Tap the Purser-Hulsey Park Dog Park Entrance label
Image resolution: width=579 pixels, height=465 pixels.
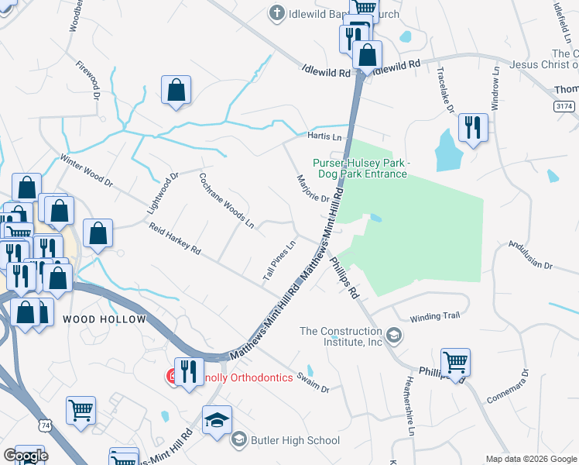pos(360,168)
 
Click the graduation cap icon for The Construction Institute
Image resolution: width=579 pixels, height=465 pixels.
pos(394,336)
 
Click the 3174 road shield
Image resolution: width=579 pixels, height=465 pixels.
pos(564,105)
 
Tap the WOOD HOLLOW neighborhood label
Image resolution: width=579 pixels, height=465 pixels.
pos(104,319)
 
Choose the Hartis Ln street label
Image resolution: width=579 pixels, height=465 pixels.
pos(324,136)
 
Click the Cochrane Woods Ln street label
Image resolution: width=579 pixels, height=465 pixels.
pos(227,200)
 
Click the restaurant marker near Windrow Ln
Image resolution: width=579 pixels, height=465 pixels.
pos(472,128)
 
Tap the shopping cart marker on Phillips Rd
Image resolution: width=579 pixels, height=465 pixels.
pos(455,362)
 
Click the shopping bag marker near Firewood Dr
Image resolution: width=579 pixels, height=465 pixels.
pos(176,90)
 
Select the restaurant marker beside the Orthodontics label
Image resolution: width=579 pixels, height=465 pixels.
pos(188,372)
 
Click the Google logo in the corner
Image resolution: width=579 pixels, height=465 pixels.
pos(26,455)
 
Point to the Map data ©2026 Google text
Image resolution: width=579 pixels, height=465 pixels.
pos(530,459)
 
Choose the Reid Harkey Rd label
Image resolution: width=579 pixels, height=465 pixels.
pos(175,239)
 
